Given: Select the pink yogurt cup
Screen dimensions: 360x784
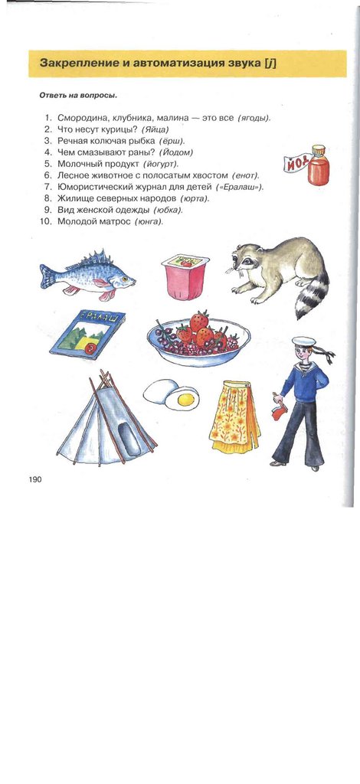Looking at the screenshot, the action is (185, 276).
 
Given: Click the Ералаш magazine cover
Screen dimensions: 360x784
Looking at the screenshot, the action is (88, 335).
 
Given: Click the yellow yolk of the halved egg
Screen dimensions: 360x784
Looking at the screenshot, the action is (186, 399).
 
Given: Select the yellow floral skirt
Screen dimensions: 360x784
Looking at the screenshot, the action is (234, 416).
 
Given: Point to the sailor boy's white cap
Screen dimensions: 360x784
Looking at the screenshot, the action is (304, 341).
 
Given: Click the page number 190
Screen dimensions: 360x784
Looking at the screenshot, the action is (35, 479).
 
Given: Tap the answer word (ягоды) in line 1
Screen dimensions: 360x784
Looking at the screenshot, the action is (254, 118).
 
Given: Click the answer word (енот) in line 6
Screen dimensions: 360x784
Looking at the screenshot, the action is (246, 175).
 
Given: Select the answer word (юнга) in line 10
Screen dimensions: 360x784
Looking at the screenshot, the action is (149, 221).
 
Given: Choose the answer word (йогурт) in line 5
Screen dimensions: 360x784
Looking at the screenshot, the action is (161, 164).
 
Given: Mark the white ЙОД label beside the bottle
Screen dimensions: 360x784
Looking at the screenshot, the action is (296, 163).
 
